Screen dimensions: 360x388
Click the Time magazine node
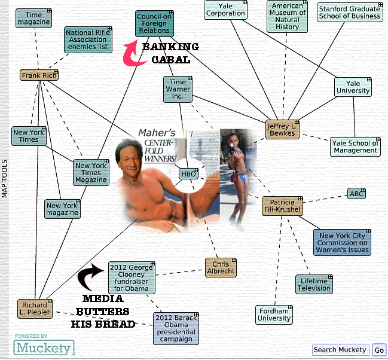33,19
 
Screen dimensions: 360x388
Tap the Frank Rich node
39,75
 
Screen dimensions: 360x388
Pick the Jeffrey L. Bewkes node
282,129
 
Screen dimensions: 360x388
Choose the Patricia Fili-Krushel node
282,205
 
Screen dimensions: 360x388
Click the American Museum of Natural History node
288,16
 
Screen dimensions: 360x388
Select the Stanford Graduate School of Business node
349,13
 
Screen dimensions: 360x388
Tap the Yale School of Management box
355,147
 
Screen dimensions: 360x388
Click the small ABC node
356,194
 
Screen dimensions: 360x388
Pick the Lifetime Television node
314,284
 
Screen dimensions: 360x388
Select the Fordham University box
274,315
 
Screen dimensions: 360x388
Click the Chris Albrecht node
221,267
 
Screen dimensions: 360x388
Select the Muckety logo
44,347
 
